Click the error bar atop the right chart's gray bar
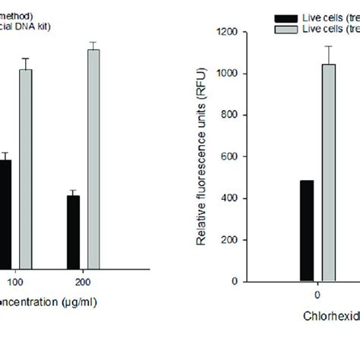[328, 55]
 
